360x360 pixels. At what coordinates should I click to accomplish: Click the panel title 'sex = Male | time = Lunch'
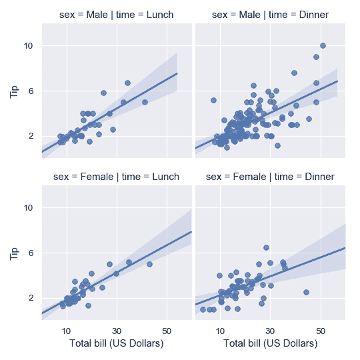point(117,15)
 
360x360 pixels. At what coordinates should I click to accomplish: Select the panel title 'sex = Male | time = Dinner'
point(270,15)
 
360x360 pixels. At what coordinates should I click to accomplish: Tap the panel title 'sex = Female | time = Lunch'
point(117,177)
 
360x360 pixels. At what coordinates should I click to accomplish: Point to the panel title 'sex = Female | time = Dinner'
point(270,177)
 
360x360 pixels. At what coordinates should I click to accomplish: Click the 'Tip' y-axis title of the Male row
point(15,90)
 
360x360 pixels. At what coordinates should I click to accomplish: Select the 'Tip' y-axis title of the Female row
point(15,252)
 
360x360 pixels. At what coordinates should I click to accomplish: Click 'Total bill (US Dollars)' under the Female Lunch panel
point(117,343)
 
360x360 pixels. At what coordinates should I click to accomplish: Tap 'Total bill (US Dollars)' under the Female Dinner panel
point(270,343)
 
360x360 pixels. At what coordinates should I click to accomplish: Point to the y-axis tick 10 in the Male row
point(29,46)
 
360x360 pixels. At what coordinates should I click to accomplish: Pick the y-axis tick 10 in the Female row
point(29,208)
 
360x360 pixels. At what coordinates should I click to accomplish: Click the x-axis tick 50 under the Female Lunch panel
point(167,329)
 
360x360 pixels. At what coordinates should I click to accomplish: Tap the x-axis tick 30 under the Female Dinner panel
point(270,329)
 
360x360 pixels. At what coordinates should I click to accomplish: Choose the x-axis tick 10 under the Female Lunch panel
point(66,329)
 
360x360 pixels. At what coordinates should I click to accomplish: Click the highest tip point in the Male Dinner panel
point(323,45)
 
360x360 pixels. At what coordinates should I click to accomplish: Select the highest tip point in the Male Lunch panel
point(127,83)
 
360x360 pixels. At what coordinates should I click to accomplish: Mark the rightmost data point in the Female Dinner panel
point(306,292)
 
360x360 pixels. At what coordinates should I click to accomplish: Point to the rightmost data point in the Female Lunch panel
point(149,264)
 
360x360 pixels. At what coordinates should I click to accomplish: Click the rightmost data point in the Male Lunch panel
point(145,102)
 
